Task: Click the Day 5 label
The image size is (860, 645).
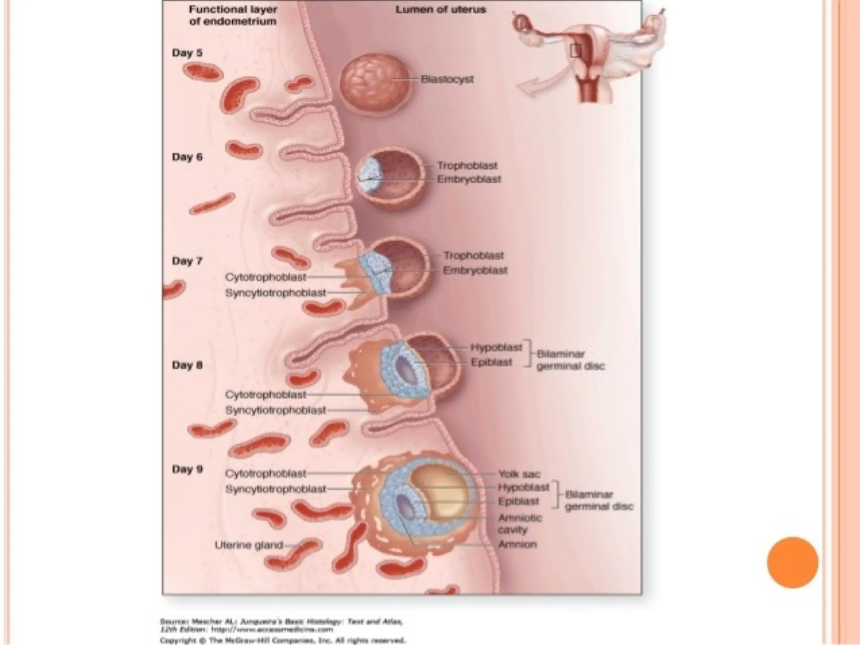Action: tap(187, 53)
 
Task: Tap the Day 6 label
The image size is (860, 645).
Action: tap(187, 157)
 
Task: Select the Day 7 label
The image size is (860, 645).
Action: tap(187, 261)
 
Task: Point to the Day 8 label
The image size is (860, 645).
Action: tap(187, 365)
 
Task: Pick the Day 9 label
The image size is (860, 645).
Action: tap(187, 469)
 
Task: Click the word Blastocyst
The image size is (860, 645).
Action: tap(447, 79)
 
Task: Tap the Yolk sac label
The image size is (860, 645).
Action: tap(519, 475)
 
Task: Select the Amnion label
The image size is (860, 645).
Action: tap(517, 545)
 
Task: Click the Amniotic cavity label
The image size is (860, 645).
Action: tap(519, 524)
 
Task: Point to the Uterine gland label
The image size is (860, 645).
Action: tap(249, 545)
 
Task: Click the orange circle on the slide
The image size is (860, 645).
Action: tap(792, 562)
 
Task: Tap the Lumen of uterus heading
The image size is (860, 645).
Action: tap(440, 10)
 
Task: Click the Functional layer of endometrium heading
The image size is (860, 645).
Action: tap(233, 15)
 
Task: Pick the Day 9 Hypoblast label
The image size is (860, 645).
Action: tap(523, 488)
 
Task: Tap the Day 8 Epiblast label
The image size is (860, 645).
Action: tap(491, 362)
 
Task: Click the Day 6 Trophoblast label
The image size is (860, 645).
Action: tap(467, 166)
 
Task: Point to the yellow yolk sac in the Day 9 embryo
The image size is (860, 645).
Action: tap(441, 496)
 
